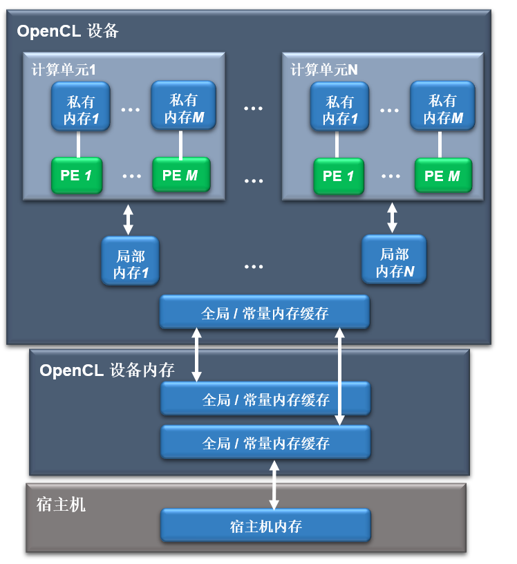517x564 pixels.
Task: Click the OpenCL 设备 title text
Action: [68, 31]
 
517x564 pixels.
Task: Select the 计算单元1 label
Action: [63, 70]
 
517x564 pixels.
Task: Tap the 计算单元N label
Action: [324, 70]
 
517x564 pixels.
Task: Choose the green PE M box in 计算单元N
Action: [443, 176]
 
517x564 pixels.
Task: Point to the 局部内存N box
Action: [394, 261]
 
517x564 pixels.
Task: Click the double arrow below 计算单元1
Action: [127, 218]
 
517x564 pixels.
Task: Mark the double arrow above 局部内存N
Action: [393, 218]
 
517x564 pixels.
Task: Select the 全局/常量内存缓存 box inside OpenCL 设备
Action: [265, 313]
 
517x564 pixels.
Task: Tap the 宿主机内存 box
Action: [266, 526]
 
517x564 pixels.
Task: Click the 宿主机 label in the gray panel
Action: [61, 504]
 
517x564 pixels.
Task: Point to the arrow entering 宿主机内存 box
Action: [274, 485]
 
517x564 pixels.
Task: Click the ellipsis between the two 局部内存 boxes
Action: [254, 266]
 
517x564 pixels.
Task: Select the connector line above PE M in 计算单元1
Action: [180, 145]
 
